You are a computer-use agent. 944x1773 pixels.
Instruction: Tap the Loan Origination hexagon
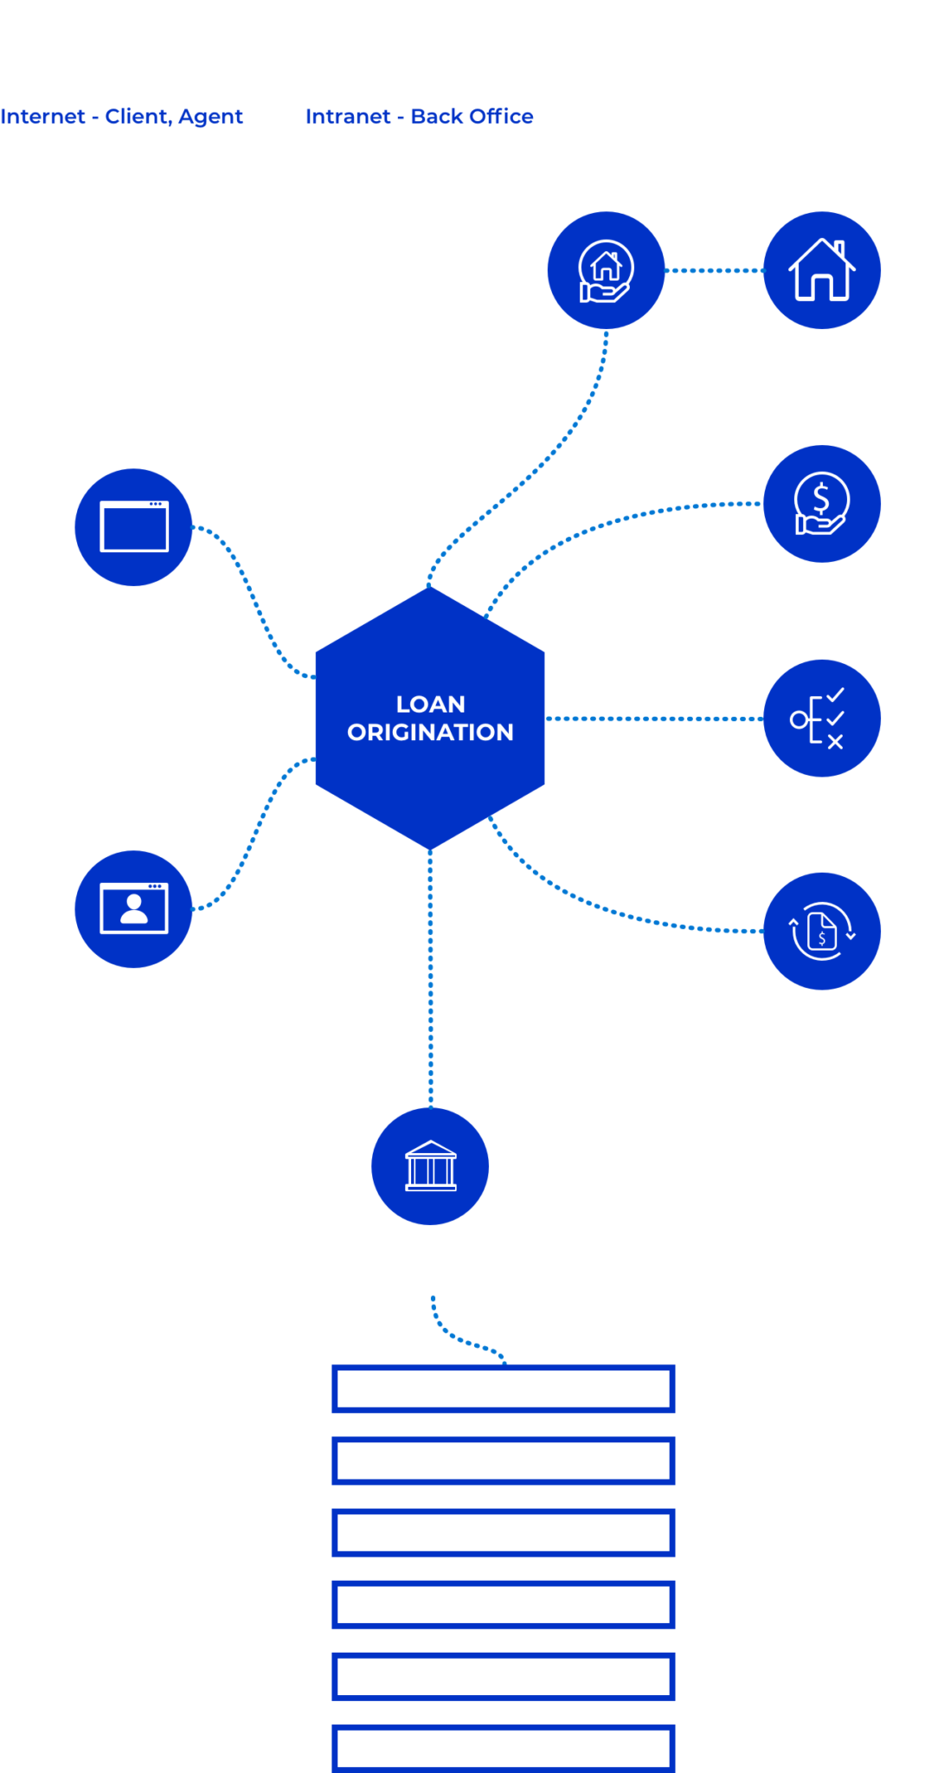[x=430, y=719]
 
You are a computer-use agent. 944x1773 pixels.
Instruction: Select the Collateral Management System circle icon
[x=606, y=270]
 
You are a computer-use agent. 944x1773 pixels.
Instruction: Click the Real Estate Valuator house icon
[x=822, y=270]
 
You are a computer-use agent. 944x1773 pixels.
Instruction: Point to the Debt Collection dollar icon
[x=822, y=504]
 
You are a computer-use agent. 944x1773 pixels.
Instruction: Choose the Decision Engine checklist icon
[x=822, y=719]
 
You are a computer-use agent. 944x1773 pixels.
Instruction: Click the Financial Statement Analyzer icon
[x=822, y=932]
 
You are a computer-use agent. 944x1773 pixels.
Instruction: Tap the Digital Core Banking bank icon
[x=430, y=1166]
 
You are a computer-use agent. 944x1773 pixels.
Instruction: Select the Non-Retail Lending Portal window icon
[x=133, y=527]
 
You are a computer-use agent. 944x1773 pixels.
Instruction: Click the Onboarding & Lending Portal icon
[x=133, y=909]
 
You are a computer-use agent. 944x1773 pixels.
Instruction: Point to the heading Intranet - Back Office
[x=419, y=116]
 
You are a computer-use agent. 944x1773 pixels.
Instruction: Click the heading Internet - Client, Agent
[x=121, y=116]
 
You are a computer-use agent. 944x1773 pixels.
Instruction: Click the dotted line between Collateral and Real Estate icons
[x=714, y=270]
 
